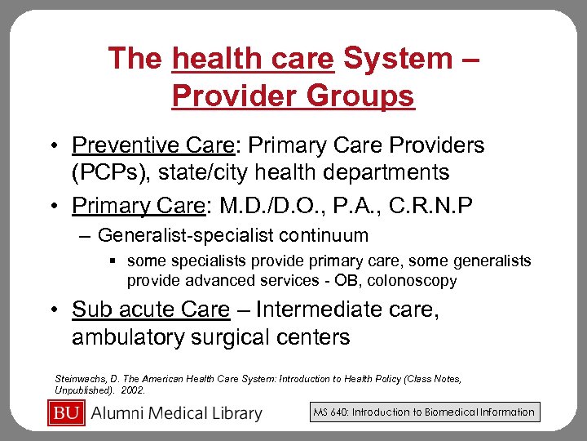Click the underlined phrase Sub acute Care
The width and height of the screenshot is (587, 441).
pyautogui.click(x=151, y=310)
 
